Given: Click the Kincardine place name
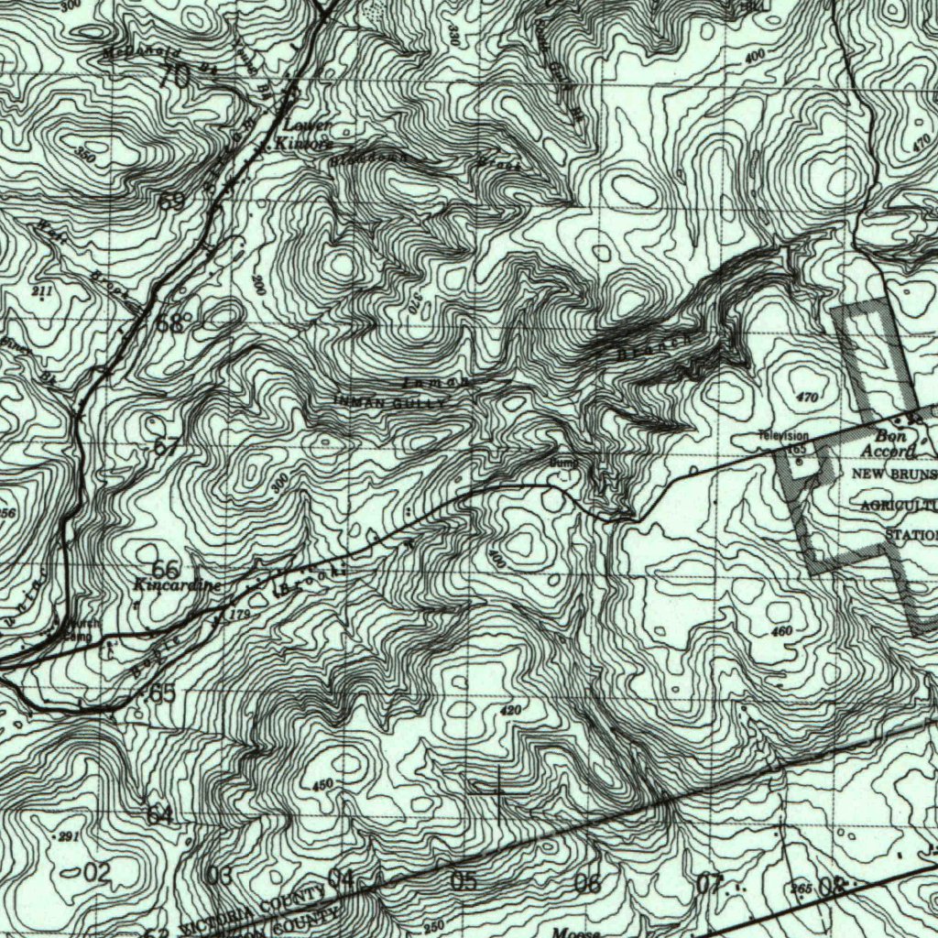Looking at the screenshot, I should pyautogui.click(x=177, y=584).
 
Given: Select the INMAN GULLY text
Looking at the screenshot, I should pyautogui.click(x=390, y=401).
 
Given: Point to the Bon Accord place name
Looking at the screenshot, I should pyautogui.click(x=889, y=444).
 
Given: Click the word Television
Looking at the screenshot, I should pyautogui.click(x=783, y=436).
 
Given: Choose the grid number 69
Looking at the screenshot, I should pyautogui.click(x=171, y=202).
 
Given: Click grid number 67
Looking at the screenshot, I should pyautogui.click(x=167, y=448).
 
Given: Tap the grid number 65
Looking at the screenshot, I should pyautogui.click(x=162, y=693).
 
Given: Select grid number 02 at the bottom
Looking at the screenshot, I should pyautogui.click(x=95, y=873).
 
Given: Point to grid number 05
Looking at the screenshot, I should pyautogui.click(x=464, y=882).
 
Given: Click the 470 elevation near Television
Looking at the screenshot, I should pyautogui.click(x=806, y=398).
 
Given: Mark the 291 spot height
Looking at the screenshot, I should pyautogui.click(x=70, y=837).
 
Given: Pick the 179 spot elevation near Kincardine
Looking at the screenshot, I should pyautogui.click(x=240, y=614).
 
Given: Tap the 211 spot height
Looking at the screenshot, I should pyautogui.click(x=42, y=291).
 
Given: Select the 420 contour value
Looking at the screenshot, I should pyautogui.click(x=510, y=711).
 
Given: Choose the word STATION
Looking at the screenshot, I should pyautogui.click(x=911, y=534).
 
